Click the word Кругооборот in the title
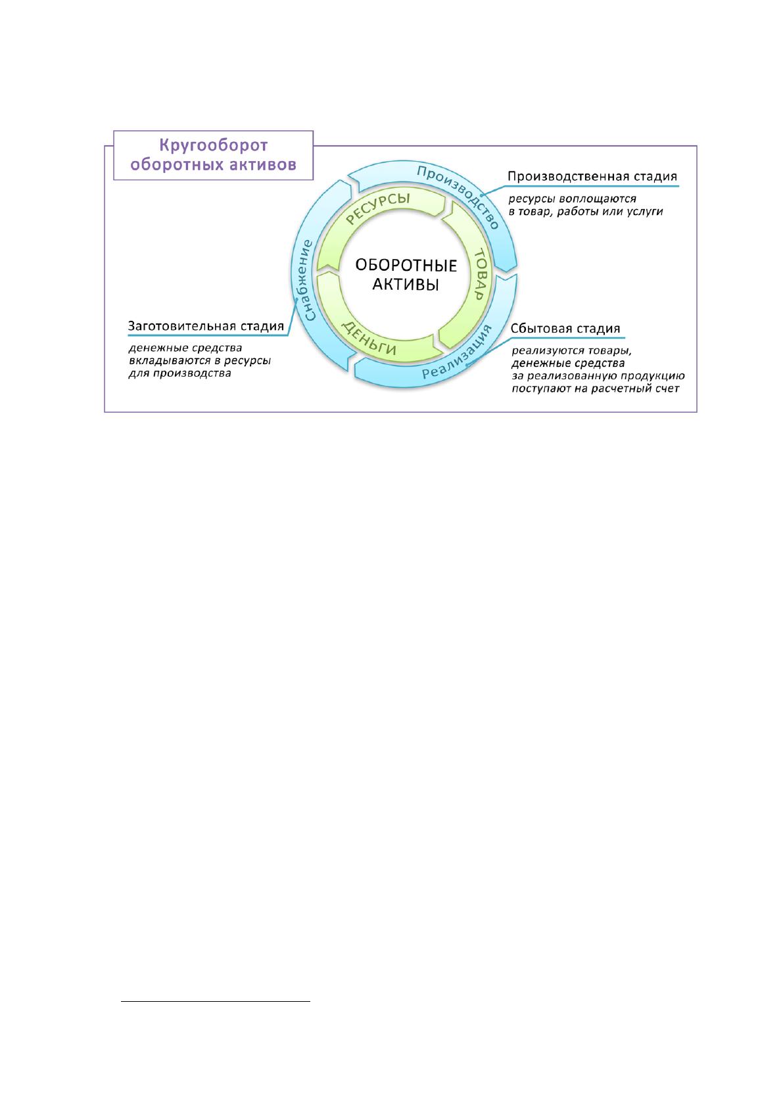pos(213,145)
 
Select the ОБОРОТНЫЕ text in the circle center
pos(406,266)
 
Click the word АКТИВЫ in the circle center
pos(406,285)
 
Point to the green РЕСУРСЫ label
pos(378,208)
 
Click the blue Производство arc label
pos(458,196)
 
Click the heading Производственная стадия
pos(592,177)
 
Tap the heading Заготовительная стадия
pos(206,326)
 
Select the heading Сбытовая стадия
pos(565,329)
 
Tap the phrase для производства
pos(179,373)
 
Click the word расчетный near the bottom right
pos(621,389)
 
